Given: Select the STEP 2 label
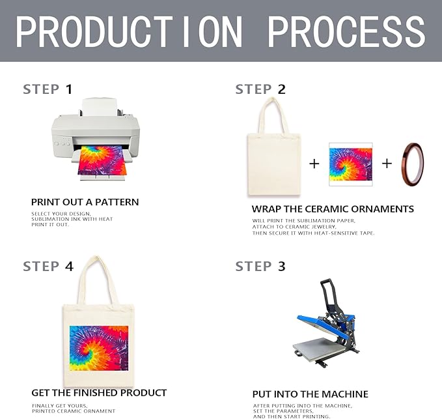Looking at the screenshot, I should pos(260,89).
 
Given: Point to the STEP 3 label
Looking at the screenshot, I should pos(260,266).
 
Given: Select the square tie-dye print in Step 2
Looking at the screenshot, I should pos(350,164).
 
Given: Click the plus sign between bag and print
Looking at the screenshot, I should pos(314,164).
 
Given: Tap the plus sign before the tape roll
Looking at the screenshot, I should pos(387,164).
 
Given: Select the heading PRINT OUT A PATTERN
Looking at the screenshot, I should pos(85,202).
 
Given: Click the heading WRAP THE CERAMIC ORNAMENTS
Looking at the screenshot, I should pos(333,209).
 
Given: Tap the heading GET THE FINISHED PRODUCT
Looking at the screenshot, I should pos(99,393).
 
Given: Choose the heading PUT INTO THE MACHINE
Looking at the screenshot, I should pos(310,394).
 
